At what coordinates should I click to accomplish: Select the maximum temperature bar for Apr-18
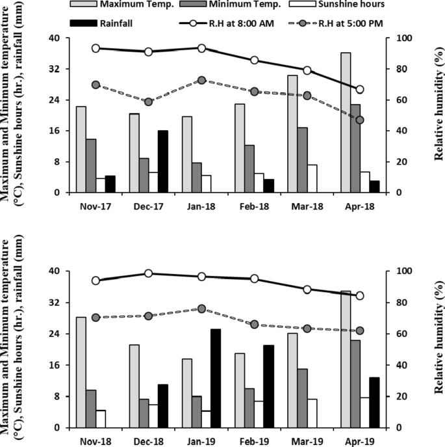click(x=346, y=122)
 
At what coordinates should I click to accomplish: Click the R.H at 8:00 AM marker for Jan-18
click(x=201, y=48)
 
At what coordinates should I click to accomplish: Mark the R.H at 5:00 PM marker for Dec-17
click(x=148, y=102)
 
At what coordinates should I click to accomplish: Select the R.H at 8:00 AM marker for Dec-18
click(x=148, y=273)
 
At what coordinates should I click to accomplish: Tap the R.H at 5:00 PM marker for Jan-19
click(x=201, y=309)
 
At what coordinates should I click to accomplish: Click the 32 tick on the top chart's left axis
click(x=56, y=69)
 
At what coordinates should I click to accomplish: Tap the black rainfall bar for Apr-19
click(x=374, y=402)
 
